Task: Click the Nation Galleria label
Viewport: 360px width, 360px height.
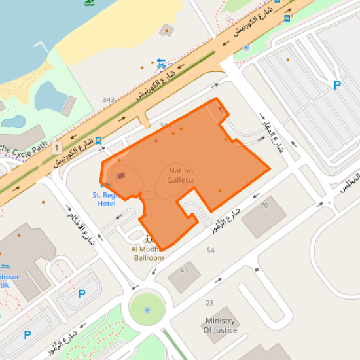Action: [181, 175]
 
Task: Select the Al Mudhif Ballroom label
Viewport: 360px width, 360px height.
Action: [148, 253]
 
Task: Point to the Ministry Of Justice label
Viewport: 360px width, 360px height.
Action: [220, 325]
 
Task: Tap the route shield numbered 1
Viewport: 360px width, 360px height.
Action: [58, 147]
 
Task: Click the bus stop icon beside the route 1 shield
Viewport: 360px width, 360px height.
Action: [99, 141]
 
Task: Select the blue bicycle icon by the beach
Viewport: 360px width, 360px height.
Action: [160, 63]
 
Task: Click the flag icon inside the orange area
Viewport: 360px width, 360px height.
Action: [120, 175]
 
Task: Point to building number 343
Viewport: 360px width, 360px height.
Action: [109, 100]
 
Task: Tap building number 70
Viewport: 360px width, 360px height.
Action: [264, 206]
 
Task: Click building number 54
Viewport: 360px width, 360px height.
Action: [210, 251]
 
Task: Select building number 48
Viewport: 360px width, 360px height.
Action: [184, 270]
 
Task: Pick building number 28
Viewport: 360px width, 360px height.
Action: [209, 303]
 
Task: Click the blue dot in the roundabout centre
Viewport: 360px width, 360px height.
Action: [147, 309]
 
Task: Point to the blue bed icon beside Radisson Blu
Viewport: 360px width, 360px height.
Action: [6, 266]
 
